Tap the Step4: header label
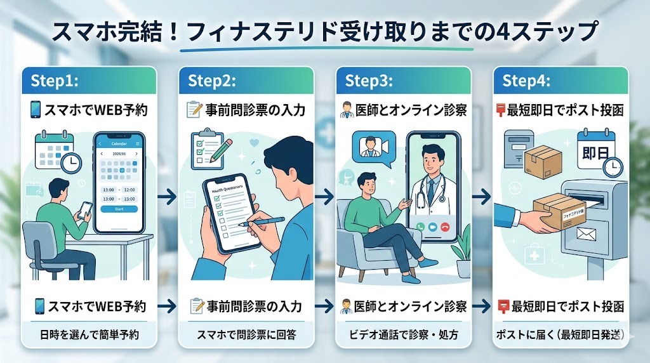[x=526, y=81]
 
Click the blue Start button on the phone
[x=119, y=209]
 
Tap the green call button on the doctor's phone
[x=418, y=227]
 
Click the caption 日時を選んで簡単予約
[x=89, y=334]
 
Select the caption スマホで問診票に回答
[x=247, y=334]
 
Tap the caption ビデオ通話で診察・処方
[x=404, y=334]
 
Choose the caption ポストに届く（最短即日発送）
[x=560, y=334]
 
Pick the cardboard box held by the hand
[x=557, y=206]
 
